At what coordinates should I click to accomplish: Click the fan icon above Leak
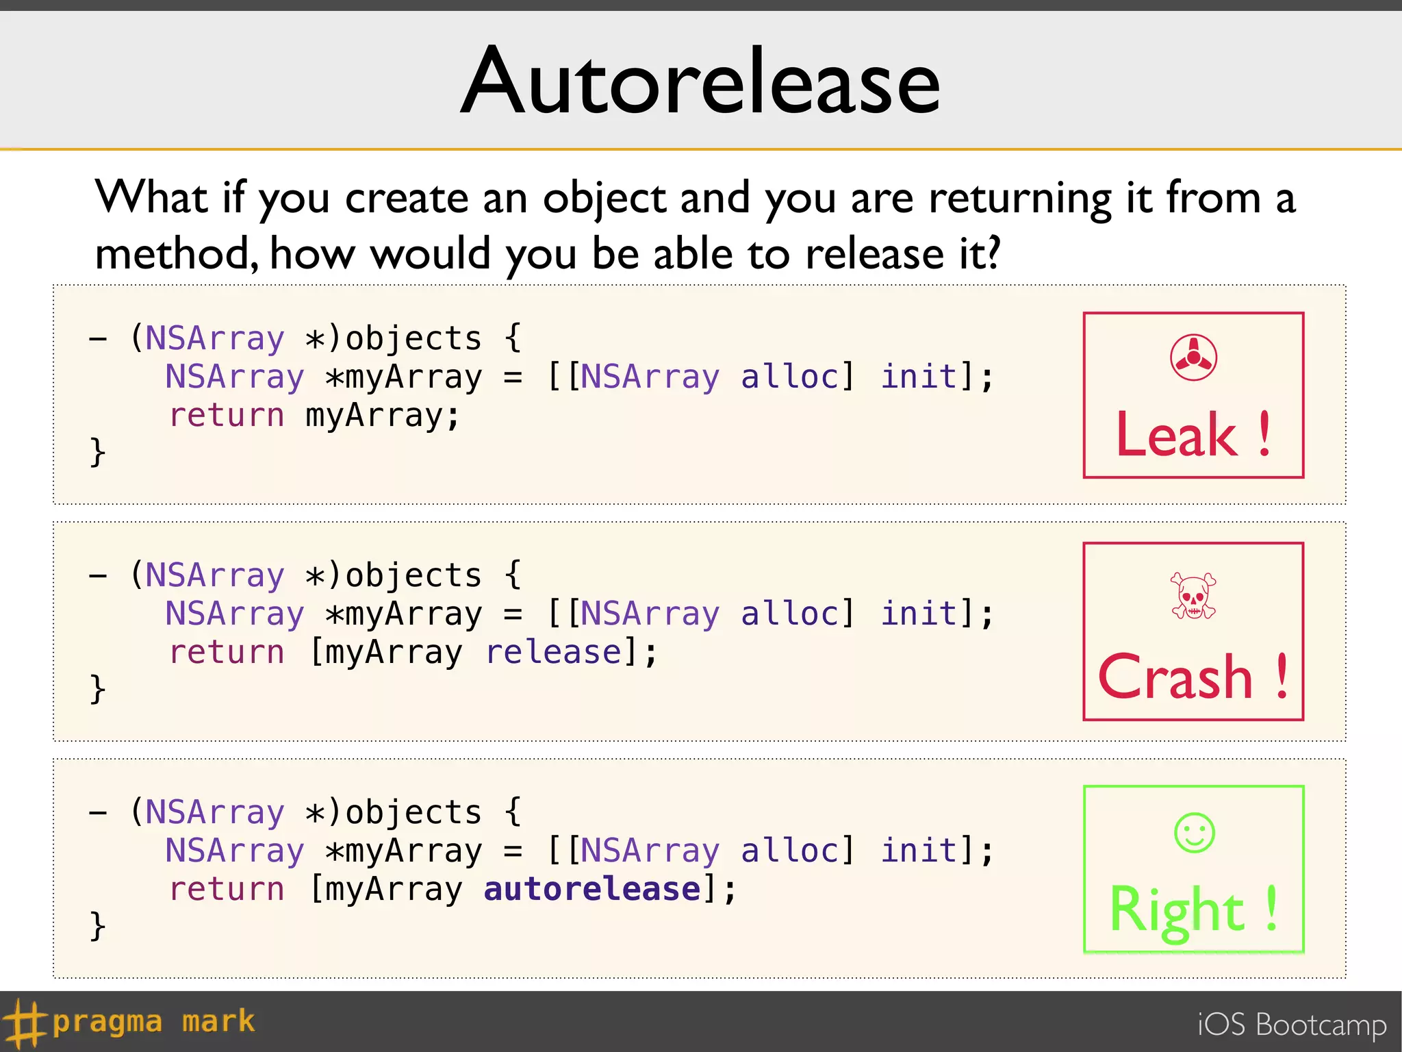click(1193, 357)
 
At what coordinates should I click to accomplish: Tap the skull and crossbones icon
click(1193, 596)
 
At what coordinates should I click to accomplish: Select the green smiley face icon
click(1194, 833)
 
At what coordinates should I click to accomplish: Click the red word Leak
click(1176, 435)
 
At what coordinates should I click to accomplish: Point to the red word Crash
click(1175, 677)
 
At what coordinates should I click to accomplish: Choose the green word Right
click(1177, 910)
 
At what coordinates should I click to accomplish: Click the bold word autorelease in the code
click(592, 889)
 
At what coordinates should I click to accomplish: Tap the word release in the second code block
click(553, 652)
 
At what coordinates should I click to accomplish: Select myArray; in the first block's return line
click(382, 416)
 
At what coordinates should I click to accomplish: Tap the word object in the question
click(604, 199)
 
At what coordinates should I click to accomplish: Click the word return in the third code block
click(227, 889)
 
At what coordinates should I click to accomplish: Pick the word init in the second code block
click(918, 614)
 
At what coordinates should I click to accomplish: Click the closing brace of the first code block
click(97, 452)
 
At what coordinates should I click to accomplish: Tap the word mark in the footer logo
click(218, 1021)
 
